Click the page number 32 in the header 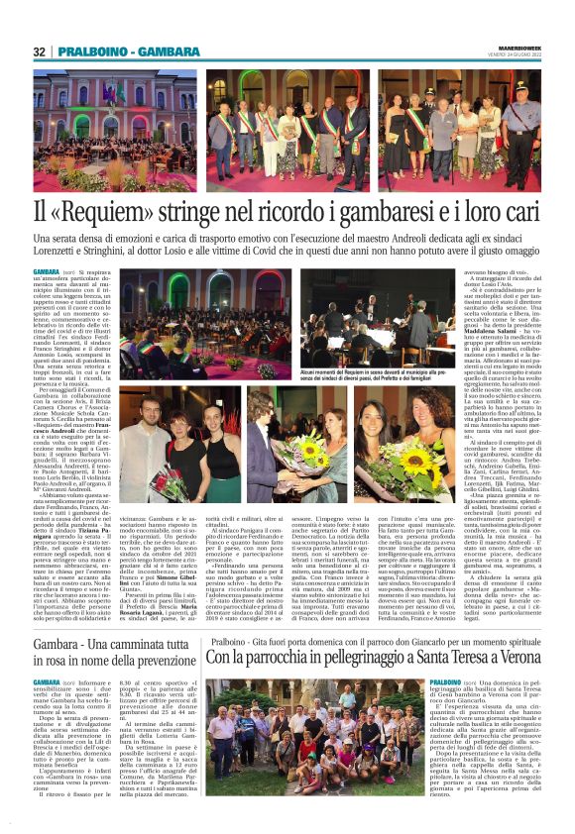[x=40, y=52]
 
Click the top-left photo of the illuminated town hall [x=114, y=129]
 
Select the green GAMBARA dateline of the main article [x=46, y=270]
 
